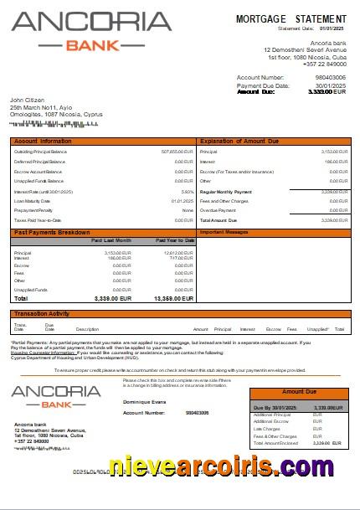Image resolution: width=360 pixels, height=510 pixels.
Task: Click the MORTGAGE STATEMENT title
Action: point(291,18)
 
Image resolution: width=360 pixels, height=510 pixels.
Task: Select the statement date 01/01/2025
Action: point(333,28)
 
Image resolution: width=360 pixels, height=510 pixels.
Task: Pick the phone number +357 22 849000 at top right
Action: point(325,64)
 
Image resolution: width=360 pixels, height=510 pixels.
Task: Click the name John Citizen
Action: point(27,100)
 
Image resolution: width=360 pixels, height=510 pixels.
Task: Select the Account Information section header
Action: point(43,142)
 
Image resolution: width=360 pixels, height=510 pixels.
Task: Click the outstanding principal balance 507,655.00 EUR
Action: point(177,152)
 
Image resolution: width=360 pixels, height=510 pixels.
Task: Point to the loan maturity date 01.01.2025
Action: point(183,201)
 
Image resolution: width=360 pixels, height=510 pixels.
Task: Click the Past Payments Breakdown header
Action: point(52,231)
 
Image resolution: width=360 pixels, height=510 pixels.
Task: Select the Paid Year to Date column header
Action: point(175,240)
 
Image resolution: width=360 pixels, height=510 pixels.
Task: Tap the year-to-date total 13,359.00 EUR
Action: point(173,298)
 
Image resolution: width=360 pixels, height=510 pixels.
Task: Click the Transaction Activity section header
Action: point(42,314)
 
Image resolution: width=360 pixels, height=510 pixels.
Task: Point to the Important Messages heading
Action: point(224,231)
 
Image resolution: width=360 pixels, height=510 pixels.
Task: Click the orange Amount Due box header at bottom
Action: point(299,392)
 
